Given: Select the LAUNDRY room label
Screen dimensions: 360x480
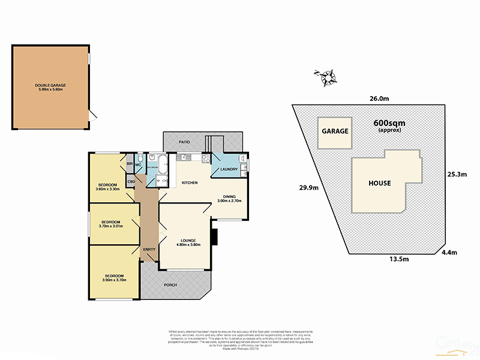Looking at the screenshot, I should [229, 169].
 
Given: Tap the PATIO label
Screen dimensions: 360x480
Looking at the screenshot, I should [184, 142].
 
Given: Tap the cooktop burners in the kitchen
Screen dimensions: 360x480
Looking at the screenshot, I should [206, 159].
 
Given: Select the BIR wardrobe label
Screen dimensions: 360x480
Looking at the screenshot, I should [129, 163].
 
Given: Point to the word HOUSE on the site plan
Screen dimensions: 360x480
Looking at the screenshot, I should [379, 183].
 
